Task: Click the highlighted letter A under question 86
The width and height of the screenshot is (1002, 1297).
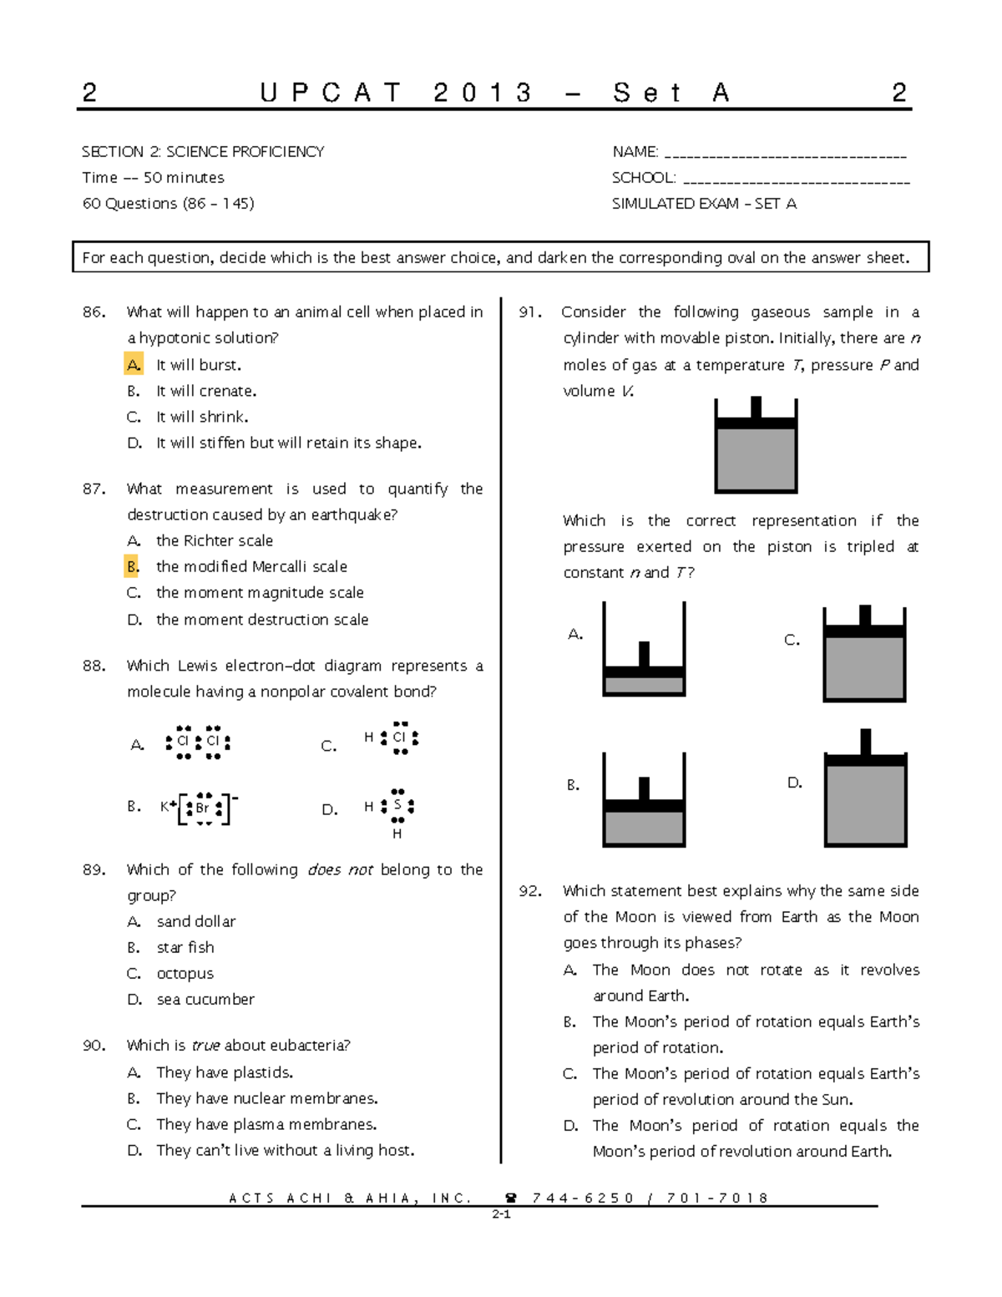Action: pos(134,365)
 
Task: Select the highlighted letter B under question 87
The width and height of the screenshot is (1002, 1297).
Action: pos(133,567)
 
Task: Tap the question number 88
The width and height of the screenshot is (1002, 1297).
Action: pos(94,666)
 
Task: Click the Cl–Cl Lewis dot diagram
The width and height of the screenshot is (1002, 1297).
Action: pos(198,742)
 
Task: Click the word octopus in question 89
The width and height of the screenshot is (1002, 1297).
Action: pos(185,974)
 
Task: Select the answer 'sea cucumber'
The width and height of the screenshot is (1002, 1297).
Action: pos(205,1000)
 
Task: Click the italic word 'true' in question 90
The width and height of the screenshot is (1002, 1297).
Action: pos(205,1046)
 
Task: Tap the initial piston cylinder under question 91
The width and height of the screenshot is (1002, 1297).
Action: pos(756,446)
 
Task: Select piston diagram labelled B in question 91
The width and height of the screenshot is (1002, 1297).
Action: pos(644,800)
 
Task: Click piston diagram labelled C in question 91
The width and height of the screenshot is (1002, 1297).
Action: pos(864,654)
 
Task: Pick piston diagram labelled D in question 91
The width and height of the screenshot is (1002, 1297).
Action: pos(865,788)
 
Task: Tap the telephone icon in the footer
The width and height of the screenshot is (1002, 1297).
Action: pos(511,1198)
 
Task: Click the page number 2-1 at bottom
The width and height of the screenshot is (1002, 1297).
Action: pos(501,1215)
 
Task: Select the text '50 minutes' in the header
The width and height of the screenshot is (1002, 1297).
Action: pos(184,178)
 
